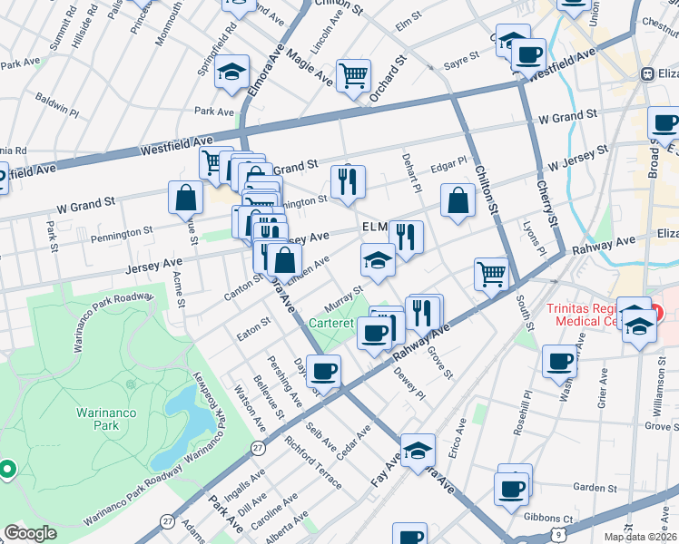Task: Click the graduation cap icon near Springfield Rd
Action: pos(231,70)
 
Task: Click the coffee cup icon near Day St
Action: pos(323,371)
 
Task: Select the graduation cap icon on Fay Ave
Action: pos(418,449)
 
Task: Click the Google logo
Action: pos(30,533)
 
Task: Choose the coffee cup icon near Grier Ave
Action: pos(559,361)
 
